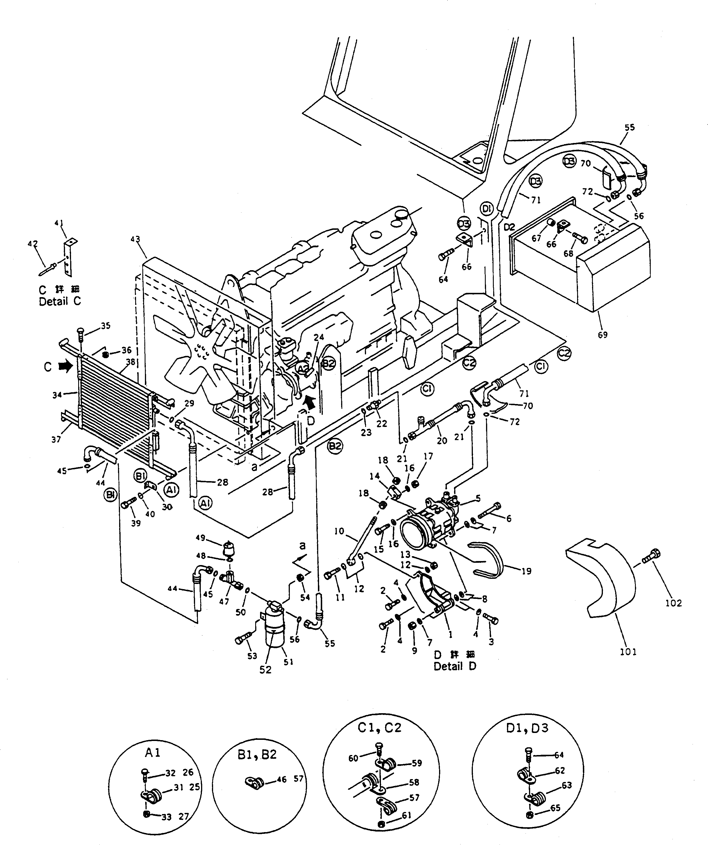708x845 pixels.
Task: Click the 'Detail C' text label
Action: coord(60,301)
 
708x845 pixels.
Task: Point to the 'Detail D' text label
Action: coord(455,666)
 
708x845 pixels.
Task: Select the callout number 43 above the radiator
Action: coord(135,240)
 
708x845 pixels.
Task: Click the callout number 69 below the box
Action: coord(602,335)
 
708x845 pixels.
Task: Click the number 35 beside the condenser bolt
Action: coord(105,326)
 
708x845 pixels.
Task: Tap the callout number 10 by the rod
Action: coord(339,531)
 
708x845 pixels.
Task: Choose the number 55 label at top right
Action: coord(630,128)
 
